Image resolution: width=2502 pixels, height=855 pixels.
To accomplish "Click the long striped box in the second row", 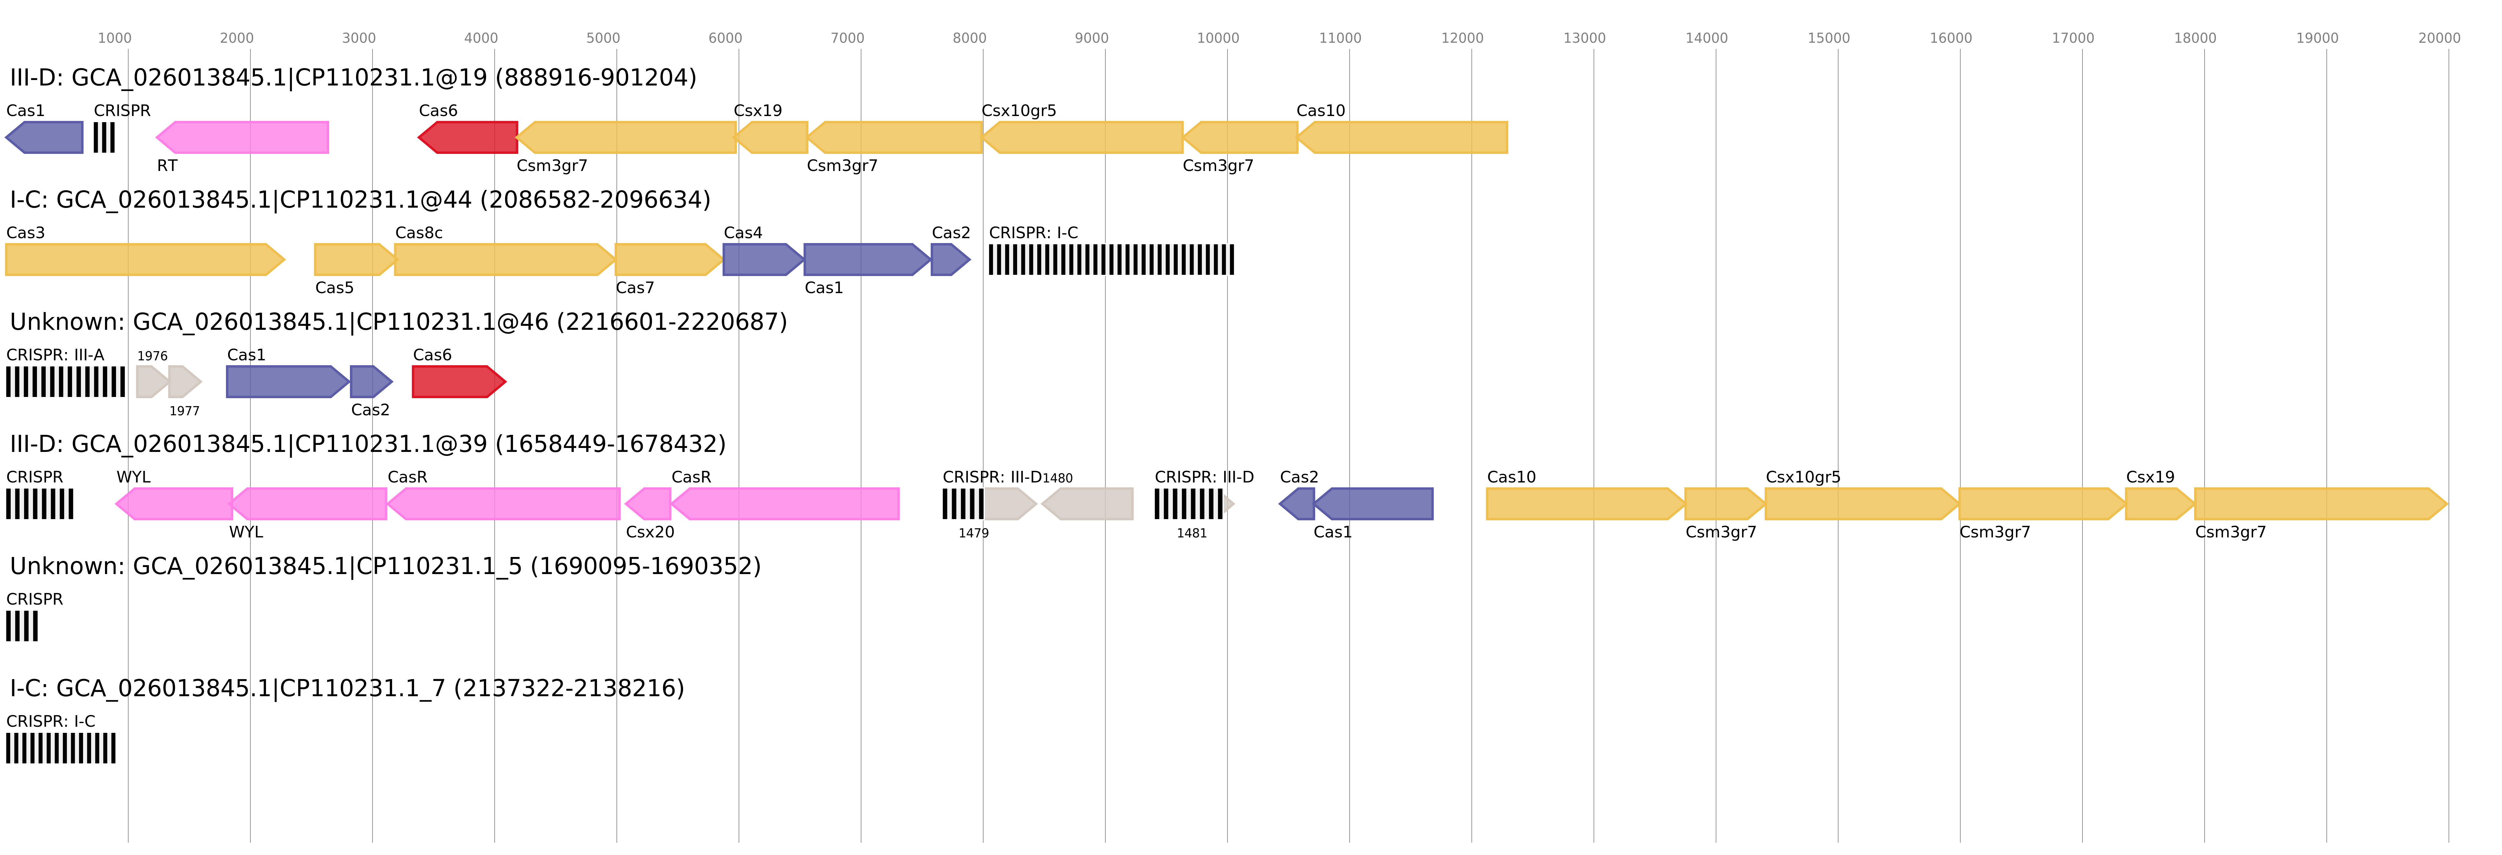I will coord(1111,260).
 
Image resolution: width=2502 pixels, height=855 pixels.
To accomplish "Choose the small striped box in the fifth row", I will coord(21,626).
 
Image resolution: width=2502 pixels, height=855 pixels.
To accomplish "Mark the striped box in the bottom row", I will coord(60,748).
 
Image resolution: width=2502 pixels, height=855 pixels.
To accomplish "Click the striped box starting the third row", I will coord(65,382).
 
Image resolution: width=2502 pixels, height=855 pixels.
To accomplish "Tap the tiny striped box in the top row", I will coord(104,137).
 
